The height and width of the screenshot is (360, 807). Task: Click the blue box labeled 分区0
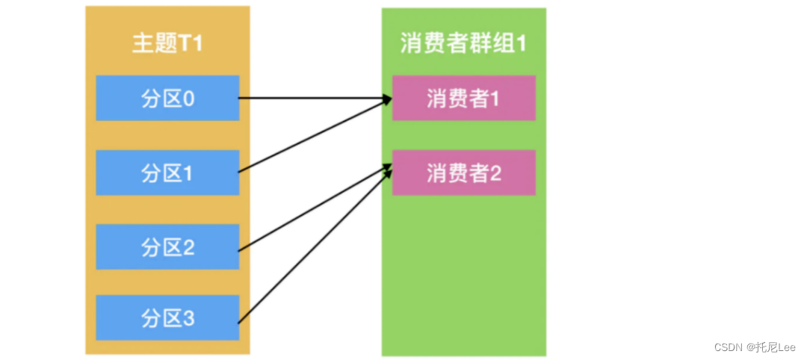pyautogui.click(x=167, y=98)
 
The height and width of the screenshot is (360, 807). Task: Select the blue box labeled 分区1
pyautogui.click(x=167, y=173)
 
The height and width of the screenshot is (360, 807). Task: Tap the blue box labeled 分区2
pyautogui.click(x=167, y=247)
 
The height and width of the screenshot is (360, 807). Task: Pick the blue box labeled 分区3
pyautogui.click(x=167, y=318)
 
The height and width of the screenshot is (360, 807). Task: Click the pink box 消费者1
pyautogui.click(x=463, y=98)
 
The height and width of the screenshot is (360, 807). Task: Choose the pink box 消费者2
pyautogui.click(x=463, y=173)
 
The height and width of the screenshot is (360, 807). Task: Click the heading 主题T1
pyautogui.click(x=167, y=43)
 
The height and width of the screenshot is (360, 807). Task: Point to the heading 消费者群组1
pyautogui.click(x=463, y=43)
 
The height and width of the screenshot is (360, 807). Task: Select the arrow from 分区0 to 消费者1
pyautogui.click(x=314, y=98)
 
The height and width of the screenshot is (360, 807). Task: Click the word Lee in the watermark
pyautogui.click(x=785, y=347)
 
